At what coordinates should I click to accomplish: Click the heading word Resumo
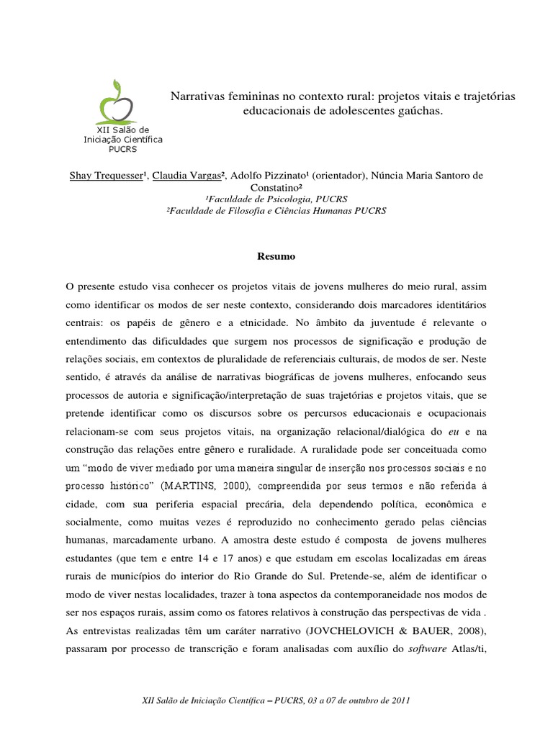(x=276, y=256)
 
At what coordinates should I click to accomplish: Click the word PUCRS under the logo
(x=122, y=149)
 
